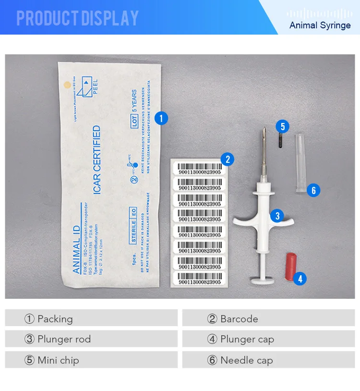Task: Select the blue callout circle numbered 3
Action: pos(277,216)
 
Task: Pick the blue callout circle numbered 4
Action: pos(300,278)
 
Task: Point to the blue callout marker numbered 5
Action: pos(283,126)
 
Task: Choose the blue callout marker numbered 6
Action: pos(313,190)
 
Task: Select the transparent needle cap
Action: pos(300,163)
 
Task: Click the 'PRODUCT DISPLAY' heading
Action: pos(77,18)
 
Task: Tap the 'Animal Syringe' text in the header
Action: pos(320,25)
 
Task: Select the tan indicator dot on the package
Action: pos(68,85)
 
